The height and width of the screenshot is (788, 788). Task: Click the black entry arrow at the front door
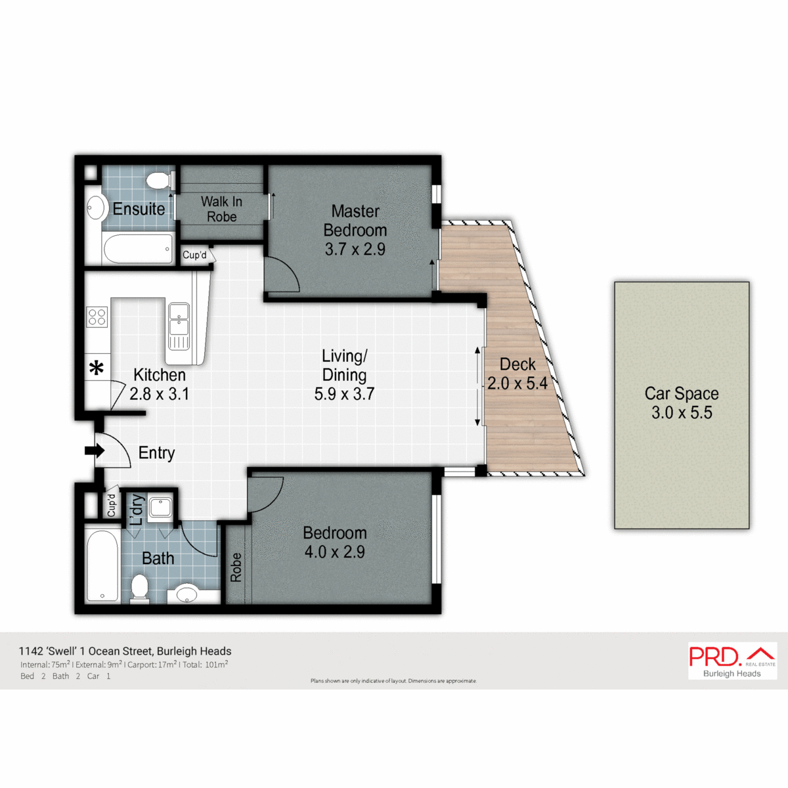tap(95, 451)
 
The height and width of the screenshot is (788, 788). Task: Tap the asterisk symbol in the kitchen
tap(97, 368)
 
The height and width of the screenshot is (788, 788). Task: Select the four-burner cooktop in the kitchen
tap(97, 317)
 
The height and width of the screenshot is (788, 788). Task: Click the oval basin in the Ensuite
tap(97, 208)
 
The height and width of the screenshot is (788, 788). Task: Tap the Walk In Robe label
tap(221, 209)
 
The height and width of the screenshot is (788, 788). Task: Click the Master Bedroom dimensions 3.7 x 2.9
tap(355, 250)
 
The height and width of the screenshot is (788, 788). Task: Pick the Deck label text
tap(517, 364)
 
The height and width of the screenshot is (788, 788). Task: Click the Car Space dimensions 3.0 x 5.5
tap(682, 413)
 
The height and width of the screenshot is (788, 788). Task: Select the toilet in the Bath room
tap(139, 587)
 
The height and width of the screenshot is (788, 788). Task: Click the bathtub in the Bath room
tap(102, 565)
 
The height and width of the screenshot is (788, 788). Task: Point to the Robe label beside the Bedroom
tap(236, 567)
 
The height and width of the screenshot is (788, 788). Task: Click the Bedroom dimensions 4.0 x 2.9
tap(335, 552)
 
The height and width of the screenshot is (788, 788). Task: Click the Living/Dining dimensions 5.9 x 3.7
tap(344, 394)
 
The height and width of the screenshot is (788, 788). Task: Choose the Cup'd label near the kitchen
tap(194, 255)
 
